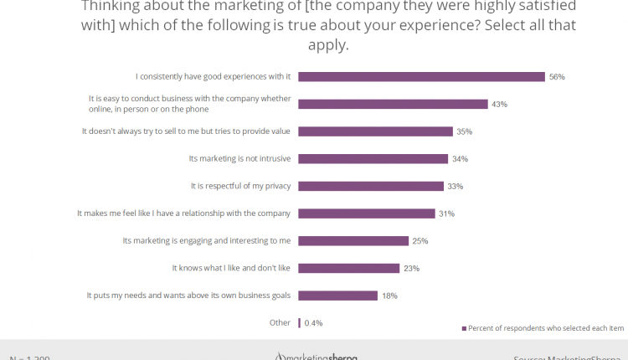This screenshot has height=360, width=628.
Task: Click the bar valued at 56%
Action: click(x=421, y=76)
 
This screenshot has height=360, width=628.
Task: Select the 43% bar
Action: click(x=393, y=104)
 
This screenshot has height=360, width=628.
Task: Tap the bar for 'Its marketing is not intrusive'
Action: click(x=373, y=158)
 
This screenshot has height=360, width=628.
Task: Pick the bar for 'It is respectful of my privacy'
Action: click(x=371, y=186)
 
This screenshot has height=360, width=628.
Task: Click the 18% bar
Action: click(x=337, y=296)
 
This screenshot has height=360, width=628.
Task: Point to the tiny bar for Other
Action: click(x=299, y=322)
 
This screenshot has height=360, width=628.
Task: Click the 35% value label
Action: click(x=465, y=131)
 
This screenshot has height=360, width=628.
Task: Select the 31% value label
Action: click(x=446, y=213)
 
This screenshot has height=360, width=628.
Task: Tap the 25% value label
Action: click(x=420, y=241)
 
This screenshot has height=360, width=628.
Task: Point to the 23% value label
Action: click(x=411, y=269)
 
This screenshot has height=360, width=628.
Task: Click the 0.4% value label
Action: click(x=314, y=323)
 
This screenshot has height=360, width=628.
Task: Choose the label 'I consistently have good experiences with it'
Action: click(x=207, y=76)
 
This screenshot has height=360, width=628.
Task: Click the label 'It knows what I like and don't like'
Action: click(x=231, y=268)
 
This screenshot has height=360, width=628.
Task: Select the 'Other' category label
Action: click(x=280, y=322)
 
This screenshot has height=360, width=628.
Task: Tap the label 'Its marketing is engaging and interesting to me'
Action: click(x=207, y=240)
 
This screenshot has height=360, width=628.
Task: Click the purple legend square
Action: click(x=463, y=327)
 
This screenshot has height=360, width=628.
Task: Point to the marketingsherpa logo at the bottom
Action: click(x=317, y=356)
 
